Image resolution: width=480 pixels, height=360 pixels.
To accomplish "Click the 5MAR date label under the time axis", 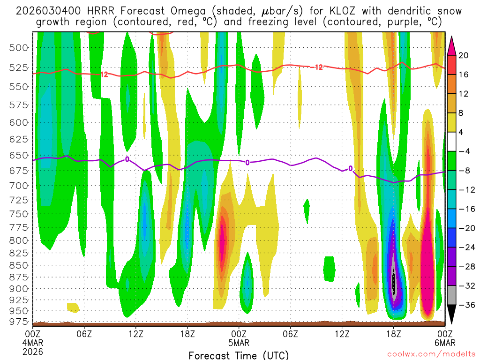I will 239,343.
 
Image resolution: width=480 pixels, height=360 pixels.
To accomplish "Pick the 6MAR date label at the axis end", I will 444,343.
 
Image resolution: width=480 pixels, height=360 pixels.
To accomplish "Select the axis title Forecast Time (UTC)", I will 239,355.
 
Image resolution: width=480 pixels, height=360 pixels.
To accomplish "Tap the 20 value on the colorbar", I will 464,55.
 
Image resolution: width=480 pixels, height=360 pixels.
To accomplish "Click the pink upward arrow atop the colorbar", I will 452,45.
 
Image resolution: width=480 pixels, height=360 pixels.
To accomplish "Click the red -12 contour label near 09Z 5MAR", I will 317,67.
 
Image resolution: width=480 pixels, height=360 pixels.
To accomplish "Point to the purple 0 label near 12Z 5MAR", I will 350,169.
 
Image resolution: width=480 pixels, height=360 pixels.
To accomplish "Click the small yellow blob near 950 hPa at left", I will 73,307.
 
